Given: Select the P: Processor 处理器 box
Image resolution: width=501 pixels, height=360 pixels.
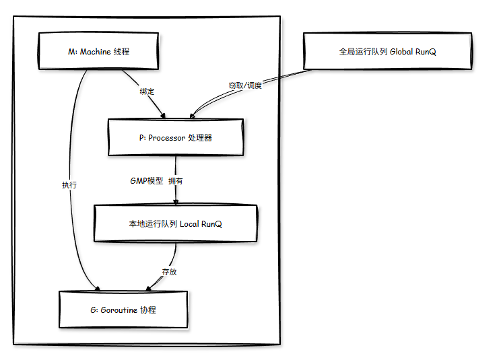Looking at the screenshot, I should click(175, 137).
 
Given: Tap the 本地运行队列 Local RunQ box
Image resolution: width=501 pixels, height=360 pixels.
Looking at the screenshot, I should click(176, 223).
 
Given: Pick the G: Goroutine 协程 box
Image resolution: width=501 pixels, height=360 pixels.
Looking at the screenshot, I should click(124, 310).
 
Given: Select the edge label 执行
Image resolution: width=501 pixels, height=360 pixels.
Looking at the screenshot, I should click(69, 184).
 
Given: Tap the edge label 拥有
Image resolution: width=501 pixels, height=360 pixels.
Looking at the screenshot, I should click(175, 181).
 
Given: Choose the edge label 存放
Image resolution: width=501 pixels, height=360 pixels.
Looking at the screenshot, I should click(169, 273).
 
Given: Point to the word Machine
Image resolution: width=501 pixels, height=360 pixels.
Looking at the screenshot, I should click(95, 51).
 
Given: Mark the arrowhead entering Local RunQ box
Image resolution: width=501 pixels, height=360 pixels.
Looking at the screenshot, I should click(176, 201).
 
